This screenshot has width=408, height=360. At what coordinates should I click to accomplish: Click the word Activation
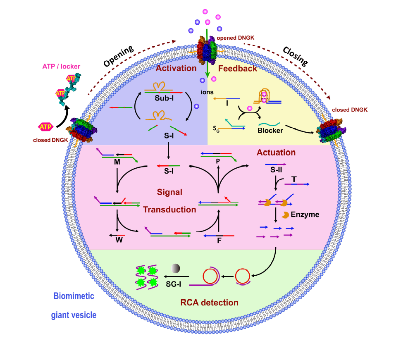pos(175,68)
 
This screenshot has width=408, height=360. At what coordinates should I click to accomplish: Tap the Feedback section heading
pos(237,69)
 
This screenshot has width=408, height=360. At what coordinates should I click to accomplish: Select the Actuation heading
pos(276,153)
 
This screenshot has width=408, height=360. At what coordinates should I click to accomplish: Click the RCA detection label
pos(209,303)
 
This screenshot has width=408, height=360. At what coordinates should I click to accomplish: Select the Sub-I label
pos(164,100)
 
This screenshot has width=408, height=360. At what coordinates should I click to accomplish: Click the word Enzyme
pos(305,215)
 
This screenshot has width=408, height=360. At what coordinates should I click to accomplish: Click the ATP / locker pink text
pos(61,66)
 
